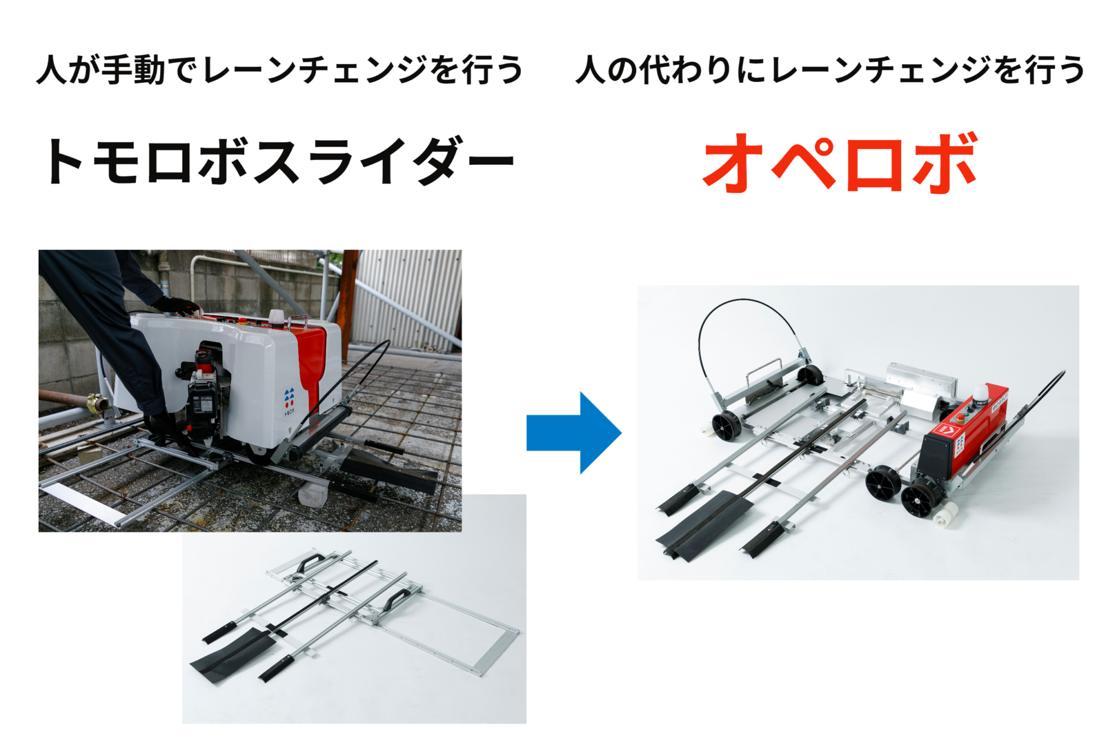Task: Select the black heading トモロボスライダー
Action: coord(280,160)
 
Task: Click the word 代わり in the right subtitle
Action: coord(686,70)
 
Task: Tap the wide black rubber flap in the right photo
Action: coord(705,524)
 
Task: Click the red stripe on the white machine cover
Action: coord(310,363)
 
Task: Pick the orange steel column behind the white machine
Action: coord(347,297)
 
